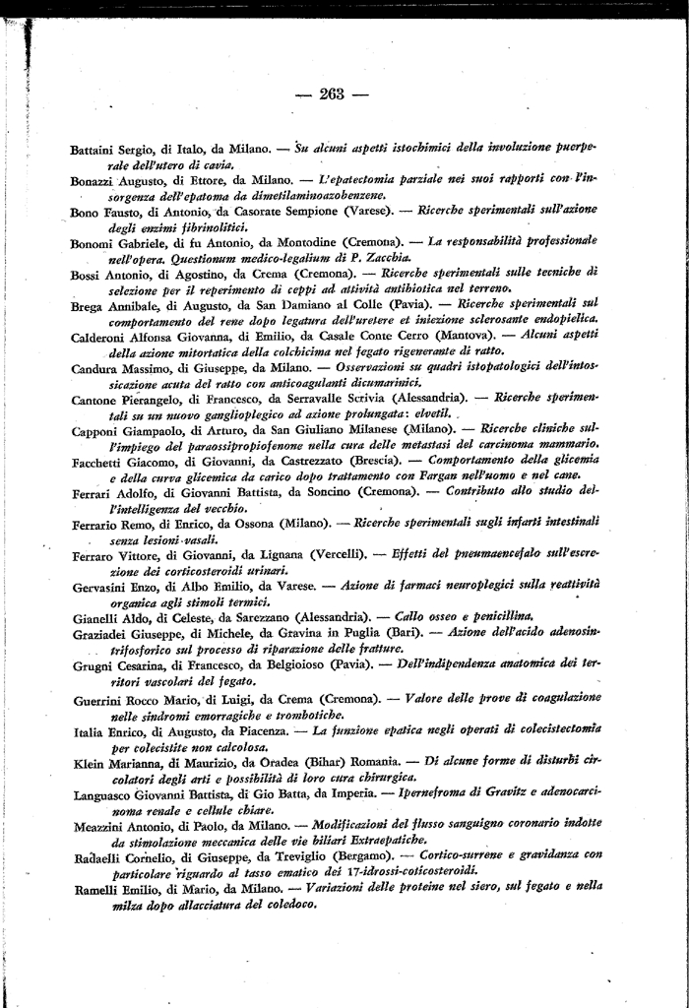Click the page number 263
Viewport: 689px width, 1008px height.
(331, 94)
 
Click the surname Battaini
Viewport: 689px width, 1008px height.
(96, 150)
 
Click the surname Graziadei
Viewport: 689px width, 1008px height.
(102, 633)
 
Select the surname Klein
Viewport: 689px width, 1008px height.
(89, 762)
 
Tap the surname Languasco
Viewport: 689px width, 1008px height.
(104, 792)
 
